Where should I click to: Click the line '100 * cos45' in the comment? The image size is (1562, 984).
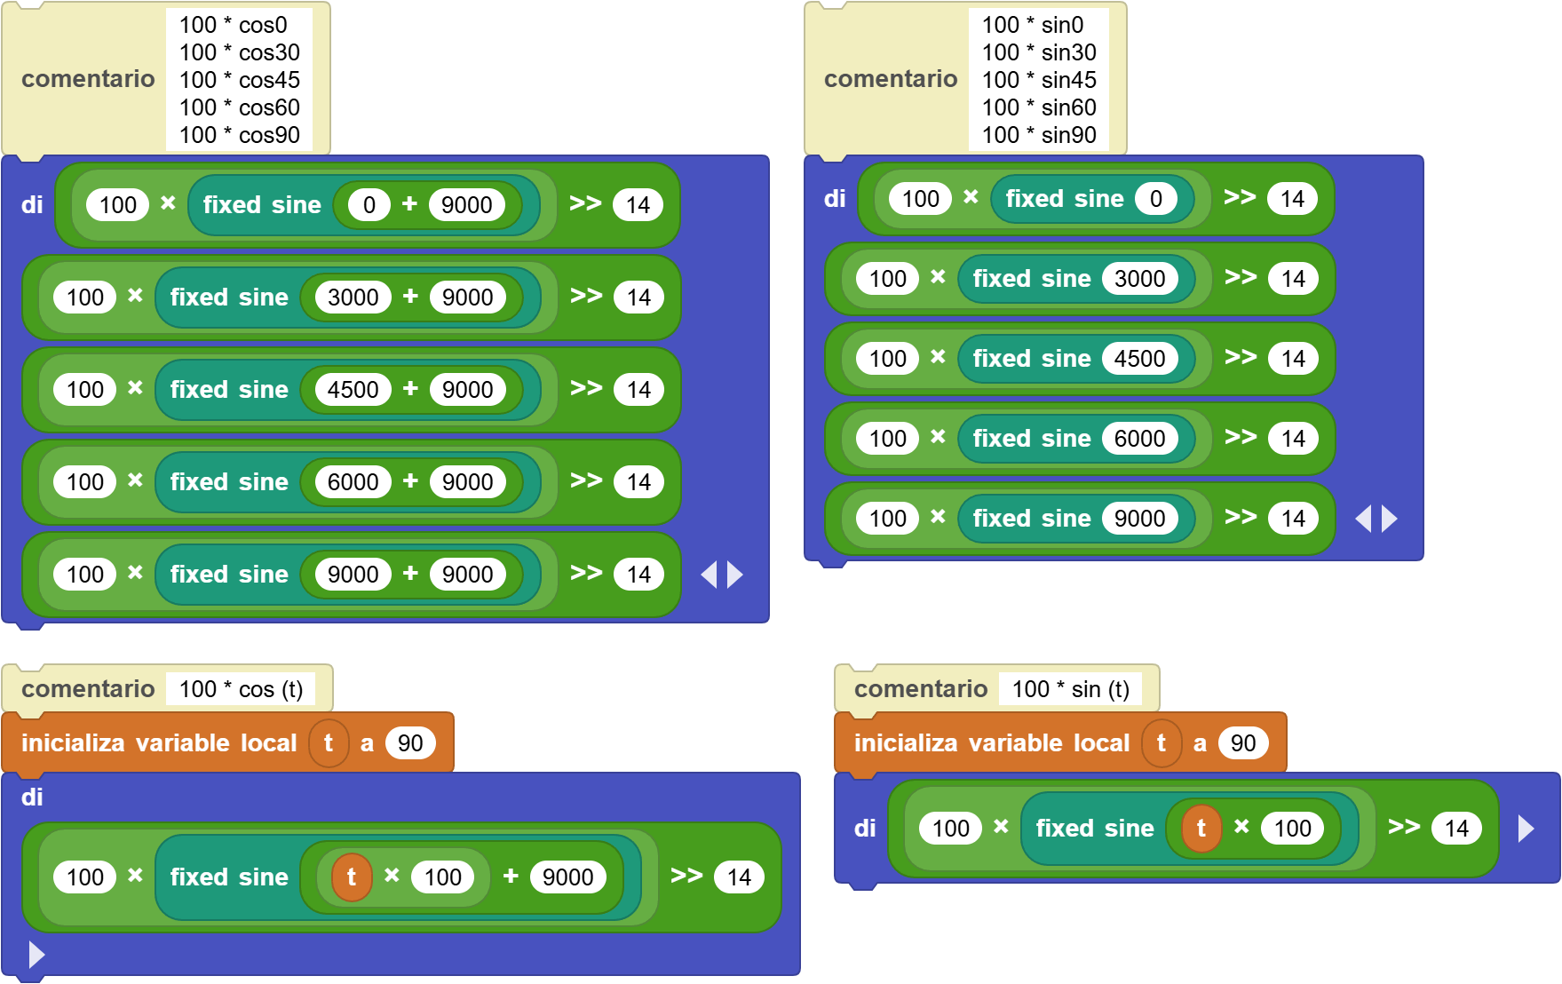240,80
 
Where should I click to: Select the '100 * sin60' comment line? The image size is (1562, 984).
1039,107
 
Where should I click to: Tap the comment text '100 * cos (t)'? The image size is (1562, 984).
242,689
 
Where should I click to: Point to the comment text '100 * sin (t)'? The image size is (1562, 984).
1071,689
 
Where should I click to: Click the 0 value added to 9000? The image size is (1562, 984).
369,205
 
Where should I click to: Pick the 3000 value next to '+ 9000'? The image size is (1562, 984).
353,298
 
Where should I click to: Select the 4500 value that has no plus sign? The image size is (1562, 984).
1140,359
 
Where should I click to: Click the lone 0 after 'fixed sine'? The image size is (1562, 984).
1156,199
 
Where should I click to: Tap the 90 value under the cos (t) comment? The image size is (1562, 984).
410,743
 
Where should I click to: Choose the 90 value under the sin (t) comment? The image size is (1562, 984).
1243,743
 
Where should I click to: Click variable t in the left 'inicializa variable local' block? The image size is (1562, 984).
329,743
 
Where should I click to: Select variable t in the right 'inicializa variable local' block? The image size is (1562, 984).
1162,743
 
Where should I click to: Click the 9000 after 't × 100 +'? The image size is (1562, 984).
568,877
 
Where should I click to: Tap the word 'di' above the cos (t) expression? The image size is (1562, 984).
32,798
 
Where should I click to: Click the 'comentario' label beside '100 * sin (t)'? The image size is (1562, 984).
921,689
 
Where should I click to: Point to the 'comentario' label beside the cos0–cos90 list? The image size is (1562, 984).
88,79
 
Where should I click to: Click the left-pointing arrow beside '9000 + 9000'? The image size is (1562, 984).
709,575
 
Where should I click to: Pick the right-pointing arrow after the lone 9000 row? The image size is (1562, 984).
1390,519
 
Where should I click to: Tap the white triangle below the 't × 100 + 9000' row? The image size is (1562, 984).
36,955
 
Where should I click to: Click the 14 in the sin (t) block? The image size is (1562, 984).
1456,829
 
